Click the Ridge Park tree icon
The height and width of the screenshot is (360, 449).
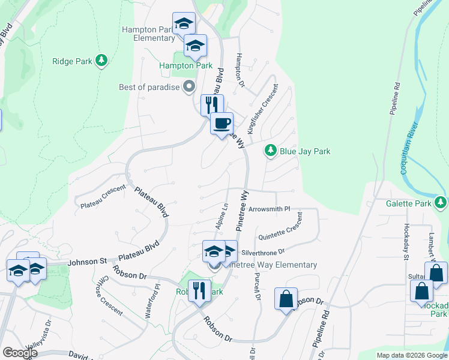102,60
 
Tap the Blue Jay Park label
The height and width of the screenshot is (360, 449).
305,152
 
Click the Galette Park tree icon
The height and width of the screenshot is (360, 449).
441,202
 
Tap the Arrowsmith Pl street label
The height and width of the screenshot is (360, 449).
269,209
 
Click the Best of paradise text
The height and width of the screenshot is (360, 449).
149,87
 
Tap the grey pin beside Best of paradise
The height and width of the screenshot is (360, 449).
189,87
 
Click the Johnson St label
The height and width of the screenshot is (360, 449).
87,261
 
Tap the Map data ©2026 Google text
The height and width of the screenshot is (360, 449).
412,355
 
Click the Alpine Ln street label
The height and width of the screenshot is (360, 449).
221,215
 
